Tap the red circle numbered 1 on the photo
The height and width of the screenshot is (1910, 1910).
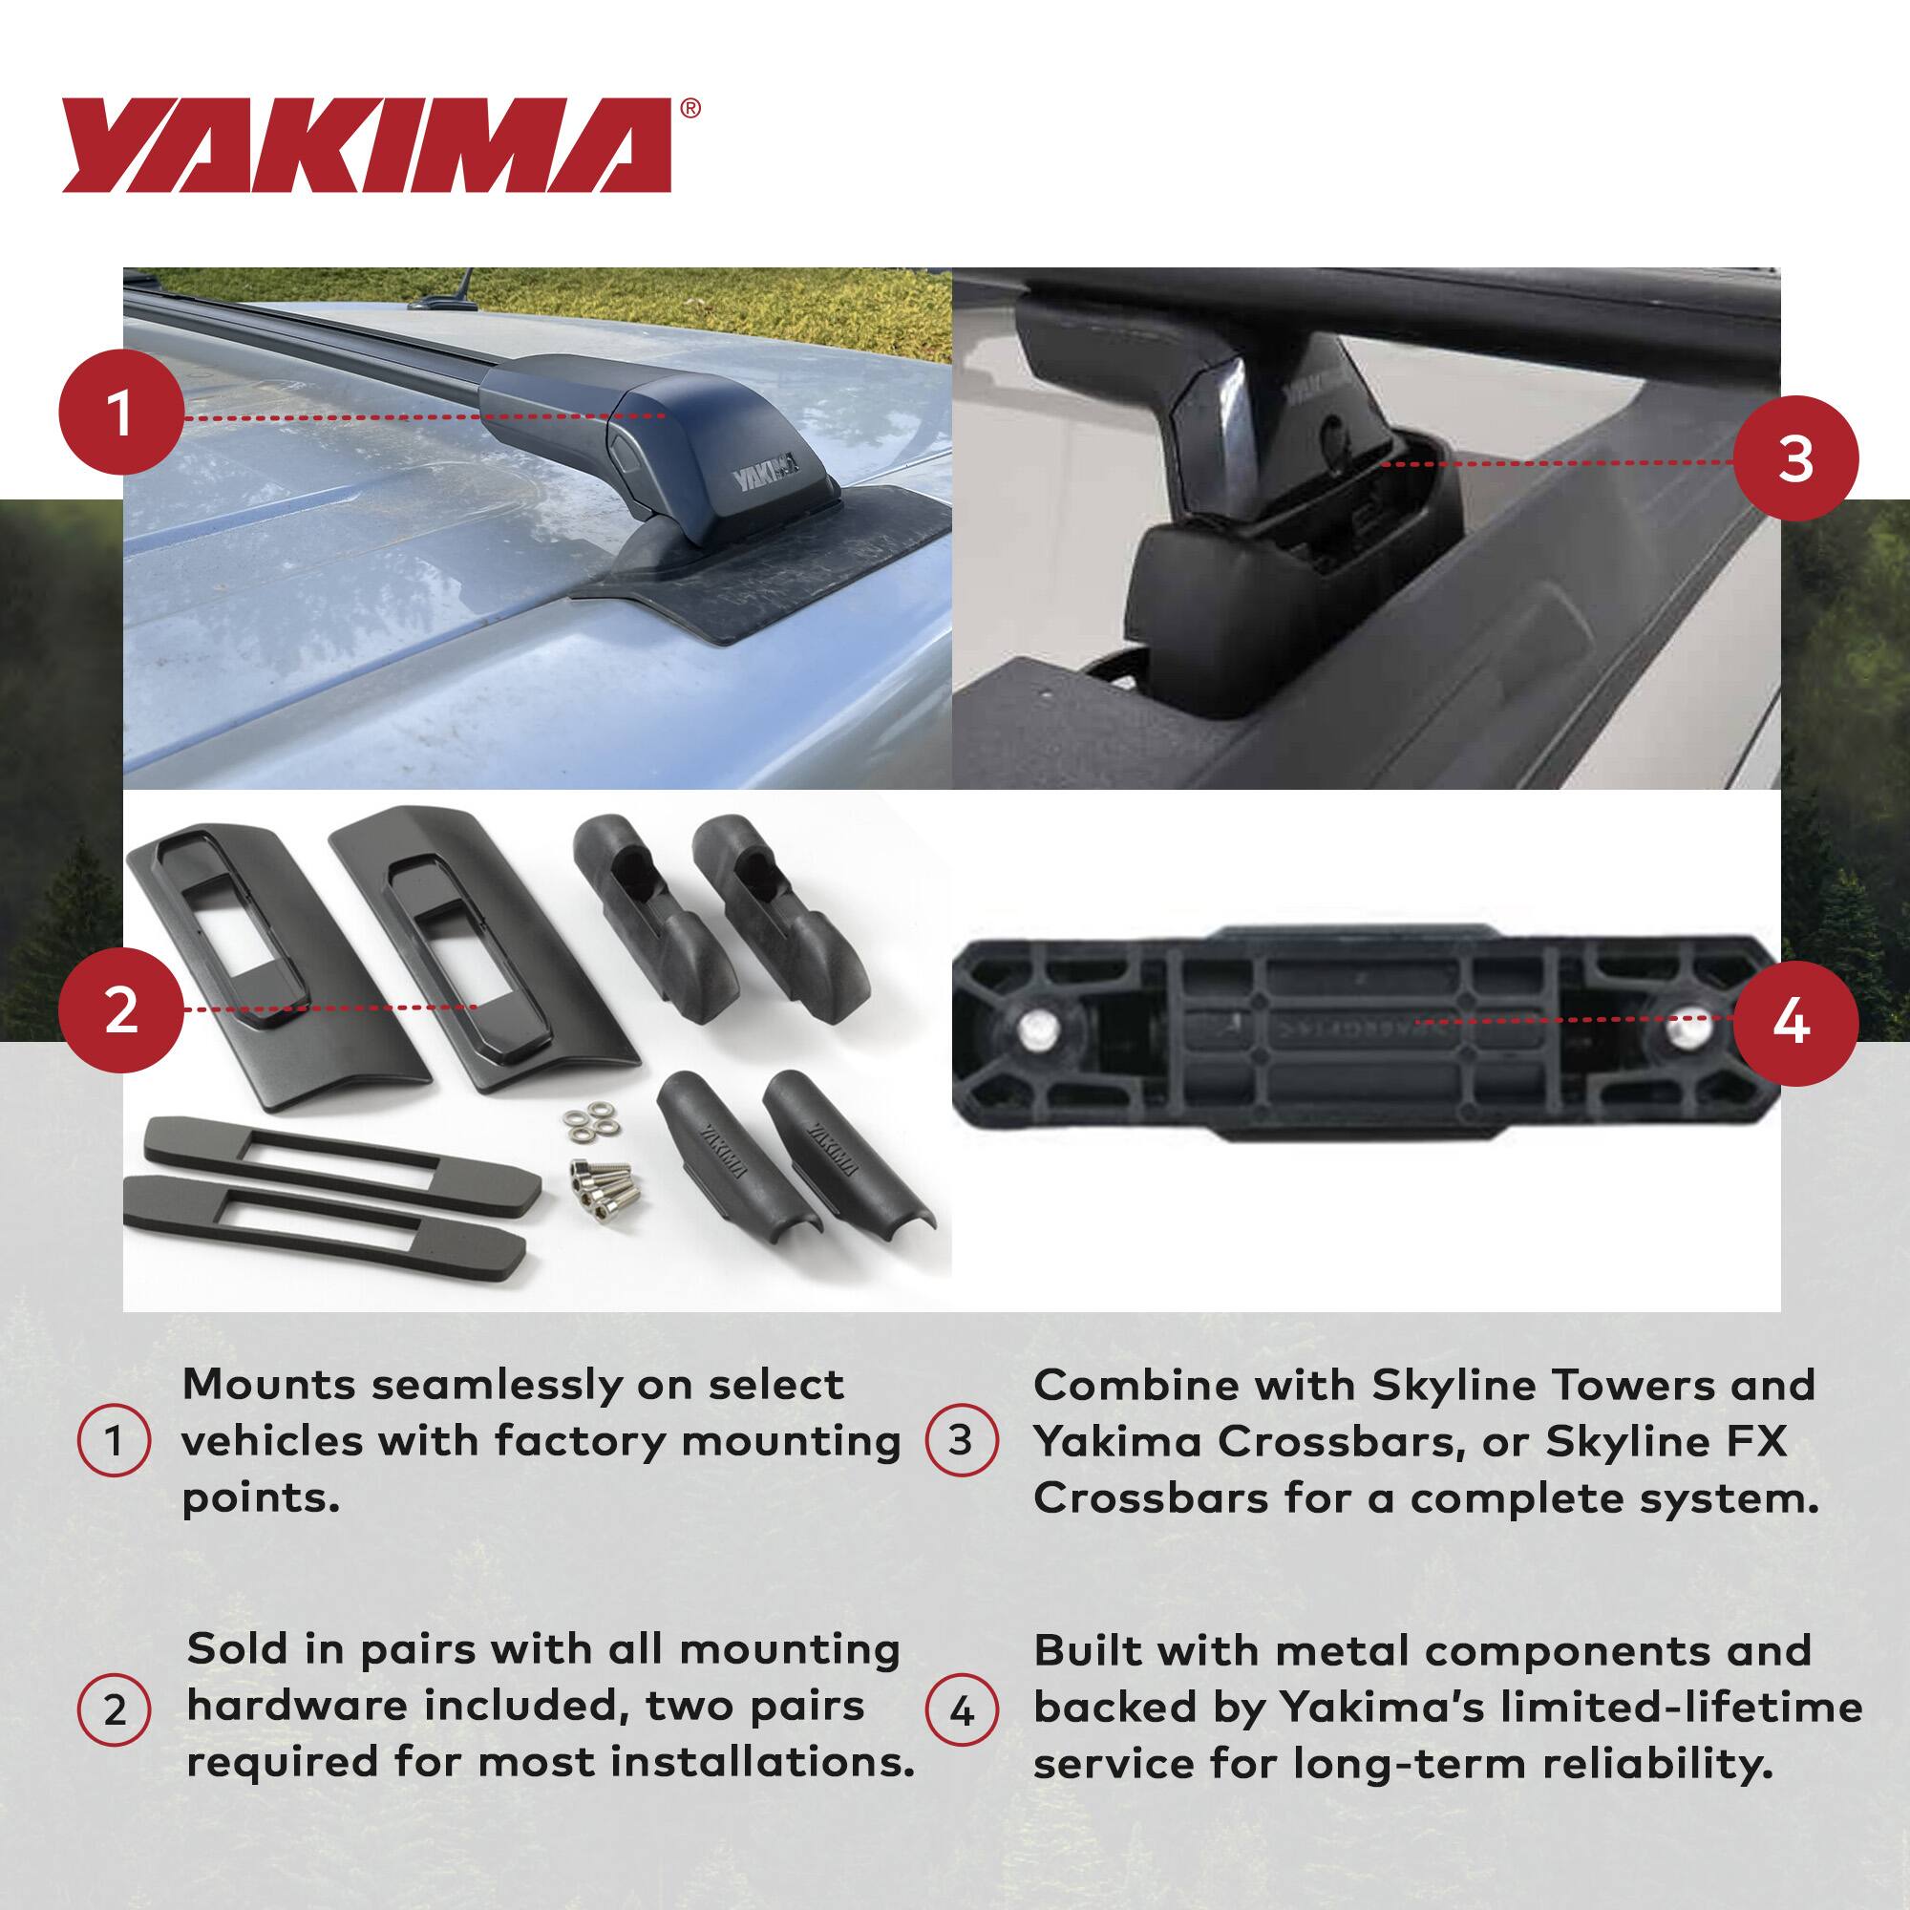tap(121, 415)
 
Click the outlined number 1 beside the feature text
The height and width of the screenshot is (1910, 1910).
tap(114, 1440)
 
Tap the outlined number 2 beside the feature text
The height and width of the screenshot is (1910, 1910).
tap(114, 1709)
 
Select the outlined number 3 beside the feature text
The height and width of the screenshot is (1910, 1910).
tap(961, 1440)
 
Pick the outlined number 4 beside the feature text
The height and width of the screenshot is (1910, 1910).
tap(961, 1709)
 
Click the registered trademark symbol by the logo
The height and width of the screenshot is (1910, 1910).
tap(691, 108)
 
